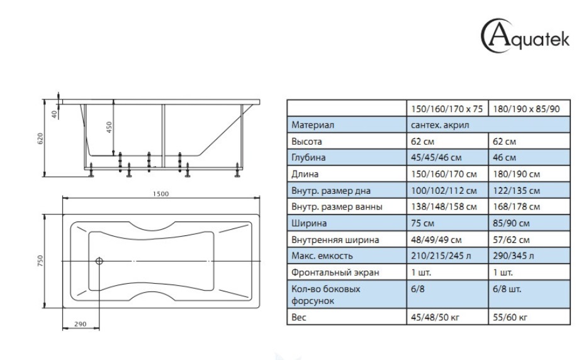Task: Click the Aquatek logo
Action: pyautogui.click(x=525, y=36)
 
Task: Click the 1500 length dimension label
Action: pyautogui.click(x=161, y=194)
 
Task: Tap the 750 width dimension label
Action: pyautogui.click(x=40, y=261)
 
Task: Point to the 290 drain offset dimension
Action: pyautogui.click(x=81, y=324)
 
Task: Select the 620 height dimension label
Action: pyautogui.click(x=40, y=138)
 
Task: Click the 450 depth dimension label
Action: pyautogui.click(x=109, y=128)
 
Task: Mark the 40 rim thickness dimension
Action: pyautogui.click(x=54, y=114)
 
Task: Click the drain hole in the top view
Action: pyautogui.click(x=99, y=261)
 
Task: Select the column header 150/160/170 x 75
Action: pyautogui.click(x=447, y=109)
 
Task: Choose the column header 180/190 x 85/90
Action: pyautogui.click(x=526, y=109)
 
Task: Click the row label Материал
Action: pyautogui.click(x=313, y=125)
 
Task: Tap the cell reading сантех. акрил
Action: pyautogui.click(x=440, y=125)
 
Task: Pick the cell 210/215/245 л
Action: pyautogui.click(x=441, y=256)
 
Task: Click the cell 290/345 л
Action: pyautogui.click(x=514, y=256)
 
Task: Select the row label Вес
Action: pyautogui.click(x=299, y=317)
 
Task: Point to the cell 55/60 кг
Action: pyautogui.click(x=510, y=317)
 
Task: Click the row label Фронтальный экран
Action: pyautogui.click(x=335, y=273)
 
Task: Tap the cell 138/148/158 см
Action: pyautogui.click(x=444, y=207)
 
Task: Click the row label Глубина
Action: pyautogui.click(x=308, y=157)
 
